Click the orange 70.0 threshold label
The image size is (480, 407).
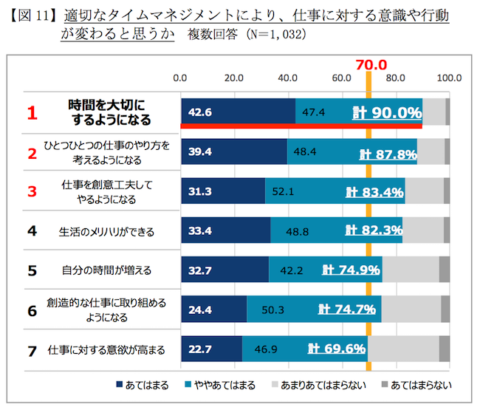368,65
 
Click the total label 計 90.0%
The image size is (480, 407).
387,113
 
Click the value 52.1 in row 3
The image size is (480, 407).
284,191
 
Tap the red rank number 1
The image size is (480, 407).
32,113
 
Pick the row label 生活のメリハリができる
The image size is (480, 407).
106,231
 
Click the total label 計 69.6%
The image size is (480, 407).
337,348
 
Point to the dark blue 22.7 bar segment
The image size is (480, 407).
212,348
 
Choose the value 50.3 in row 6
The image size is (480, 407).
277,309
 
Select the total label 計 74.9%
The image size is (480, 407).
351,270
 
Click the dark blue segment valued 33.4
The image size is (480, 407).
226,230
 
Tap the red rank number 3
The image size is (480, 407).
32,191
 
